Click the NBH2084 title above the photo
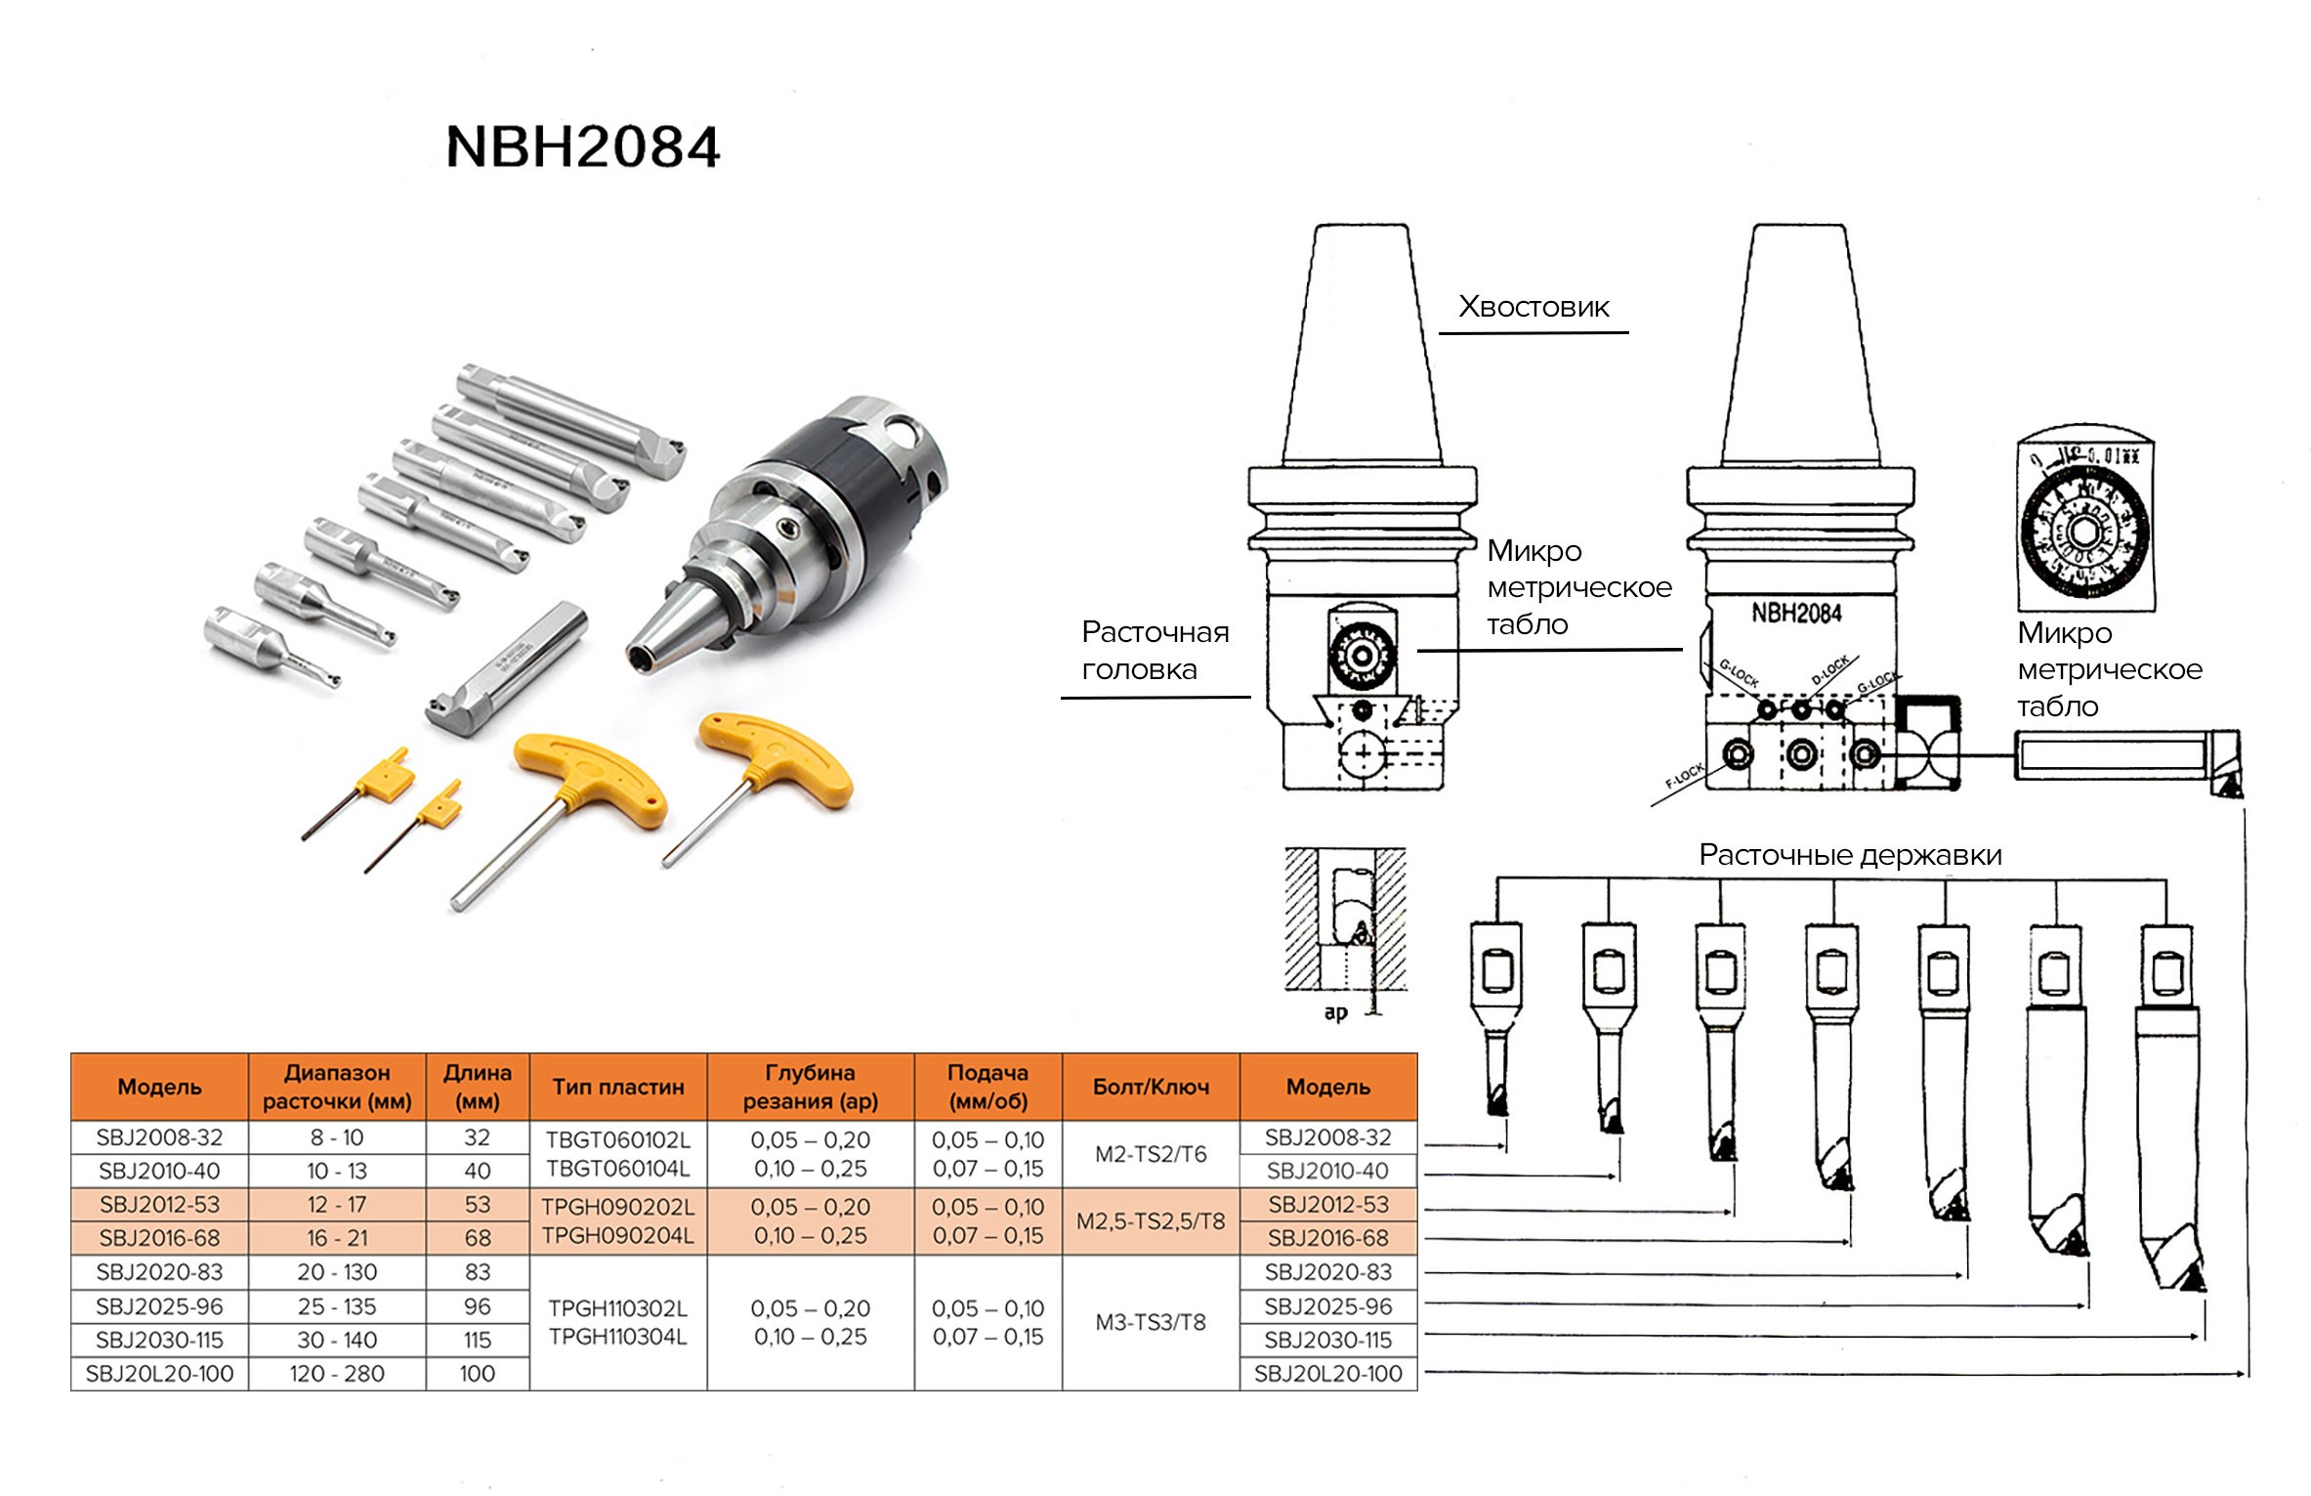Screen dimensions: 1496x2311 [x=582, y=148]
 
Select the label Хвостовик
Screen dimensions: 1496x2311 [x=1533, y=307]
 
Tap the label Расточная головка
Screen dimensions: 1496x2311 [x=1154, y=651]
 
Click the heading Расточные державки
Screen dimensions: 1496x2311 [x=1850, y=855]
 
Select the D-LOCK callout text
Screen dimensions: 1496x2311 [x=1829, y=670]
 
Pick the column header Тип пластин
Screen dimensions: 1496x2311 [x=617, y=1087]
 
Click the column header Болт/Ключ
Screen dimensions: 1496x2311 [x=1150, y=1087]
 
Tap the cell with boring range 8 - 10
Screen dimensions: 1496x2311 [x=336, y=1137]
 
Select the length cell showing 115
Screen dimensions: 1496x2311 [x=477, y=1340]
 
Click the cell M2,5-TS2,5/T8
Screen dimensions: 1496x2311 [x=1150, y=1220]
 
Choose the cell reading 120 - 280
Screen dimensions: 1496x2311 [x=336, y=1373]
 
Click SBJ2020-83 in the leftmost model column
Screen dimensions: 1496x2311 [x=159, y=1272]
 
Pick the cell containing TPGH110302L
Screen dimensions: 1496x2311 [x=617, y=1308]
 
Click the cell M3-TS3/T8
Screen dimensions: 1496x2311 [x=1150, y=1322]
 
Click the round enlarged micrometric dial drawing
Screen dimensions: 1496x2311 [x=2083, y=533]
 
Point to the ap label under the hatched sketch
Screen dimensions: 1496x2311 [x=1335, y=1012]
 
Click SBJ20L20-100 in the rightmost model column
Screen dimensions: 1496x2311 [x=1327, y=1373]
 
